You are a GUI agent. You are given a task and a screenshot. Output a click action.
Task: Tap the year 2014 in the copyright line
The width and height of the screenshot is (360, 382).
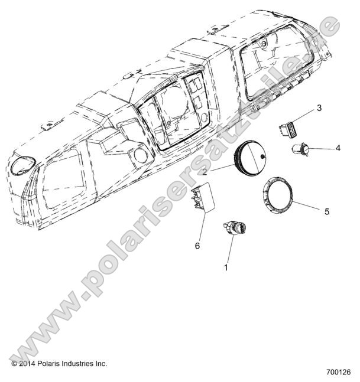[30, 364]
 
